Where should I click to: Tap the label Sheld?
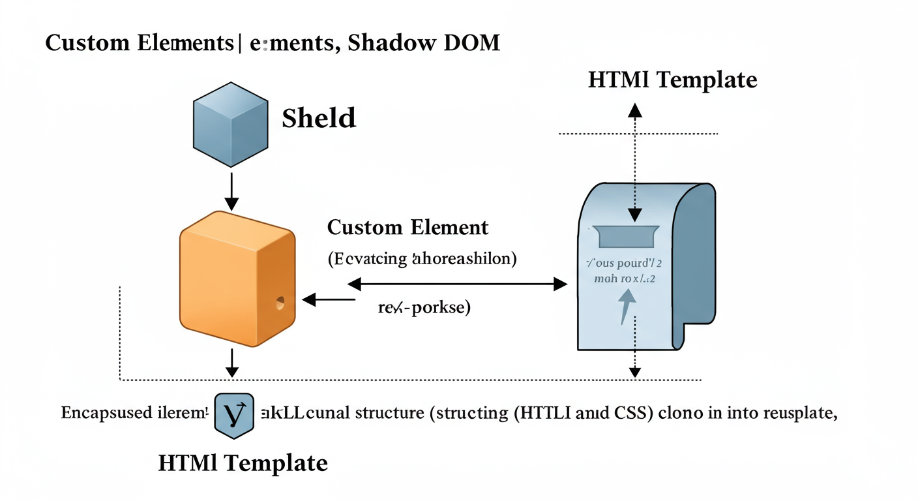click(319, 118)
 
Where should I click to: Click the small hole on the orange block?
click(280, 303)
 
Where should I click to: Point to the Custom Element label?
click(407, 228)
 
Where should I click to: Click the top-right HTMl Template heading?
click(672, 80)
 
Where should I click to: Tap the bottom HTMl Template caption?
click(243, 463)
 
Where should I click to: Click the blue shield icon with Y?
click(233, 414)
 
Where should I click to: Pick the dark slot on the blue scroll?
click(625, 237)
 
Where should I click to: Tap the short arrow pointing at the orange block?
click(328, 300)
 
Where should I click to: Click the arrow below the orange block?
click(231, 362)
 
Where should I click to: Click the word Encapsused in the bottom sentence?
click(101, 414)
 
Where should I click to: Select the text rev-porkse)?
click(424, 308)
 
